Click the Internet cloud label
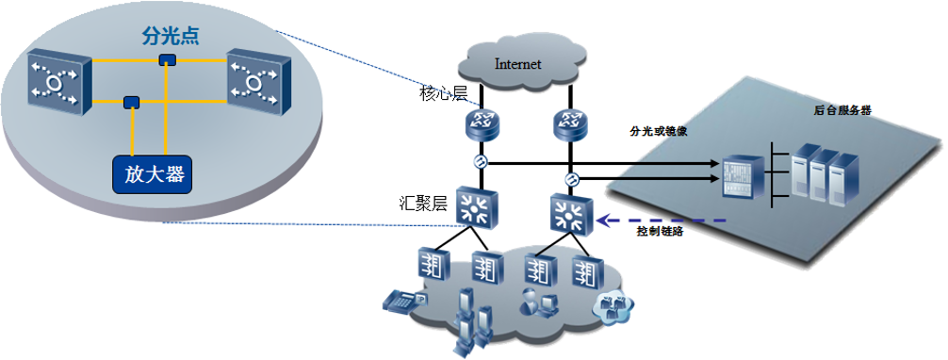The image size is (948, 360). [x=518, y=64]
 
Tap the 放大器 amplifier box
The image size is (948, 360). [x=155, y=175]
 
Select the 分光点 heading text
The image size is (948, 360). [x=171, y=37]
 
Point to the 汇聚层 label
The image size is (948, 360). [x=423, y=203]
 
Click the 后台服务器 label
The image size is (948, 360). [x=842, y=110]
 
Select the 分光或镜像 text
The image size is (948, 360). [x=656, y=130]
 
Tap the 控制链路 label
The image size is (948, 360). [x=660, y=231]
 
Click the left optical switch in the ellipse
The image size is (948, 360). [x=59, y=84]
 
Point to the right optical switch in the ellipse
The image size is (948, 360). [x=259, y=84]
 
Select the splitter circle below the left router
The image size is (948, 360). [x=482, y=162]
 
